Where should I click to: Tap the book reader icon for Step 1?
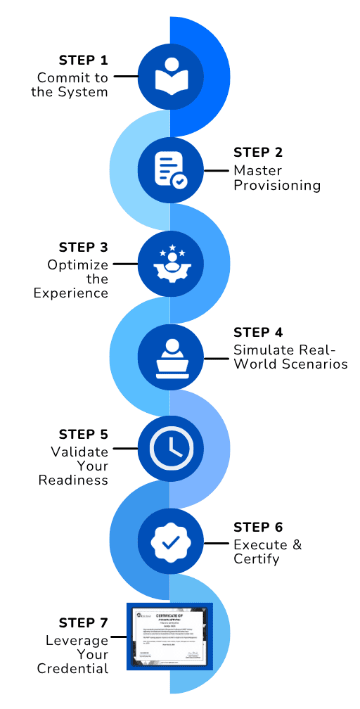[170, 76]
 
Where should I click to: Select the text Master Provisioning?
[277, 178]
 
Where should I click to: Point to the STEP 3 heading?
[84, 247]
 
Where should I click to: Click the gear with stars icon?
[170, 264]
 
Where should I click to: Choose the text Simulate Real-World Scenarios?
[290, 357]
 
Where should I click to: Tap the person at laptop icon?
[170, 357]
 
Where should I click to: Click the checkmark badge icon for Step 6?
[170, 542]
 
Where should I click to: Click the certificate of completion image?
[169, 636]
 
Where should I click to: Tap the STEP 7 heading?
[84, 622]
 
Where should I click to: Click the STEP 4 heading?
[258, 332]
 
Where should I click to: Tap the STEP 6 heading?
[258, 527]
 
